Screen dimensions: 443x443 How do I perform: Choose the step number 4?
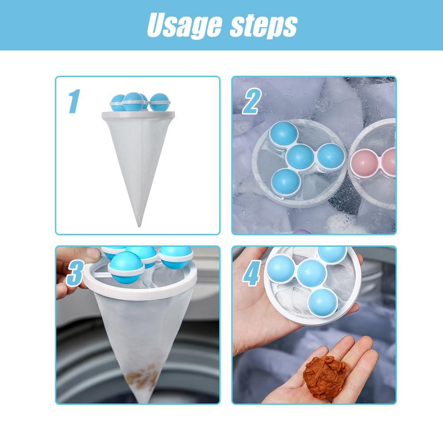coord(251,275)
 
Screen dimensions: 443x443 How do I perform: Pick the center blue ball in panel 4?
coord(311,272)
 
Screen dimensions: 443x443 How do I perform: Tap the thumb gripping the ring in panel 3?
coord(89,256)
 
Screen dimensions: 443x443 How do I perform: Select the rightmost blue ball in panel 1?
coord(159,102)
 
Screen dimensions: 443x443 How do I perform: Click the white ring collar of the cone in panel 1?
coord(136,116)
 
